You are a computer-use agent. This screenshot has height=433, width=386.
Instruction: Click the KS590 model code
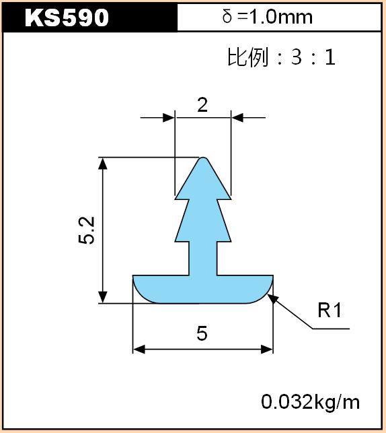(x=67, y=18)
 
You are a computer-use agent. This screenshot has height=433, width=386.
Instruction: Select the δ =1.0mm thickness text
(x=268, y=17)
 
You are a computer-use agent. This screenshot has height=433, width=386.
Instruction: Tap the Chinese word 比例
(x=248, y=57)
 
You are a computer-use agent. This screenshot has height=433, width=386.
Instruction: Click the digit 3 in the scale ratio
(x=297, y=57)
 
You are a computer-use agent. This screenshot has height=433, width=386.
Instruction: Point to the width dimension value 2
(x=202, y=105)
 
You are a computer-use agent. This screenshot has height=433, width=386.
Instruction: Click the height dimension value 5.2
(x=87, y=230)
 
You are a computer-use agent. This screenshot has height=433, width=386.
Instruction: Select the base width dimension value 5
(x=202, y=333)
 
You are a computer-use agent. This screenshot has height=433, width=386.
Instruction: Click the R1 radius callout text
(x=330, y=310)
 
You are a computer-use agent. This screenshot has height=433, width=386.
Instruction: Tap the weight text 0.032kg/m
(x=311, y=402)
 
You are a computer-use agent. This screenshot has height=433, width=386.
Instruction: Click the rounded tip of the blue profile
(x=203, y=158)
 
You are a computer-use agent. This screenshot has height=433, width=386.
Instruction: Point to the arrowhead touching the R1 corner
(x=272, y=299)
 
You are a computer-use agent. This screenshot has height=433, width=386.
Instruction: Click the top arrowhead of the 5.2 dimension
(x=103, y=164)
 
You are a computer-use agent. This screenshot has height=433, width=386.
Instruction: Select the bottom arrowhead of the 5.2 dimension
(x=103, y=297)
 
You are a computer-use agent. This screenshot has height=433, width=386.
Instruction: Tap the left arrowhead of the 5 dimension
(x=139, y=349)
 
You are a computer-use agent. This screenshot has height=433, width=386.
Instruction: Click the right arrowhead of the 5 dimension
(x=267, y=349)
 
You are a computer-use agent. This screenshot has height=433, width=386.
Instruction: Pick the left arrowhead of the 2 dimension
(x=169, y=118)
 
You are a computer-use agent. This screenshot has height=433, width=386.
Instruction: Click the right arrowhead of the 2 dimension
(x=237, y=118)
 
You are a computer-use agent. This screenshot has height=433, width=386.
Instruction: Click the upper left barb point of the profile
(x=176, y=199)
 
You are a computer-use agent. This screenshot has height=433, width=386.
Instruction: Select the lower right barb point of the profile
(x=231, y=242)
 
